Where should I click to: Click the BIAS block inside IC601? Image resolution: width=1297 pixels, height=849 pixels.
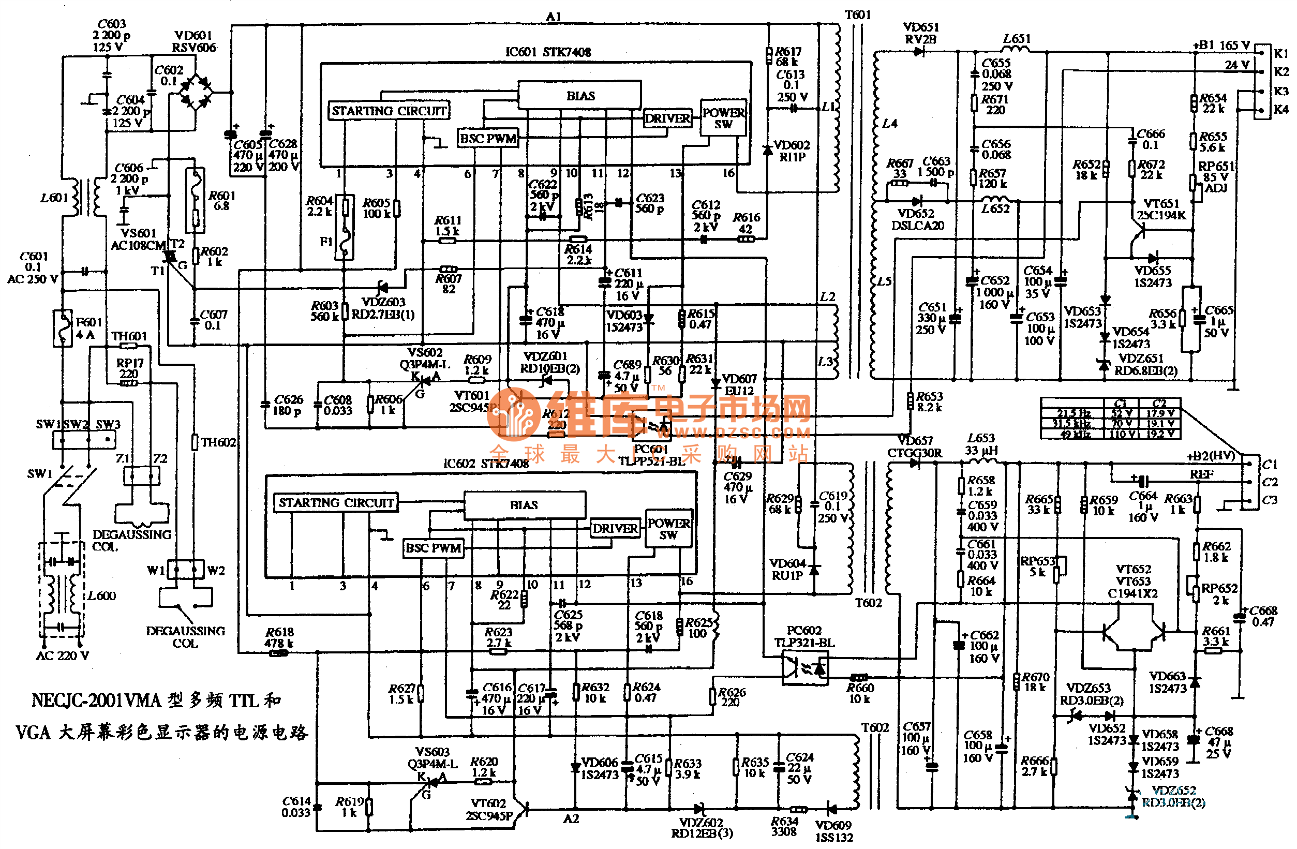[579, 96]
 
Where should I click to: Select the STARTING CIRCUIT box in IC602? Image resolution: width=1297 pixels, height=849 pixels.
[336, 503]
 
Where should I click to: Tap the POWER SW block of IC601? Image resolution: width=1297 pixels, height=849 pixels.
[723, 118]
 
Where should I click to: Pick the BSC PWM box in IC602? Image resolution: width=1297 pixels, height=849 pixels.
[433, 548]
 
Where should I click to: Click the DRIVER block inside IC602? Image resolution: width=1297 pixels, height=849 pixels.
[615, 529]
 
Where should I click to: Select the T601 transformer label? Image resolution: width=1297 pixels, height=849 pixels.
[857, 14]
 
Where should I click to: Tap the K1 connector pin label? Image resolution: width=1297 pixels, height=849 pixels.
[1280, 53]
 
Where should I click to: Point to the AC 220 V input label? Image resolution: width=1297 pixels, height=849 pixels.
[63, 656]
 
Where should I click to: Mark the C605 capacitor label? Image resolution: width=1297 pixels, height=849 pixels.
[247, 144]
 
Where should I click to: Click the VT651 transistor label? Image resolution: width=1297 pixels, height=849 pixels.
[1161, 204]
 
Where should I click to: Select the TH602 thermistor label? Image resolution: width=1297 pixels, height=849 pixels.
[218, 442]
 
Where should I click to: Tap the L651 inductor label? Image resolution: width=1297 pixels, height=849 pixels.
[1017, 39]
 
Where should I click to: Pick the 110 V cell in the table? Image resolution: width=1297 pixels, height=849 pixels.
[1123, 434]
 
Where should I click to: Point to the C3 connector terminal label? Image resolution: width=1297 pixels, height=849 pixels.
[1269, 500]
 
